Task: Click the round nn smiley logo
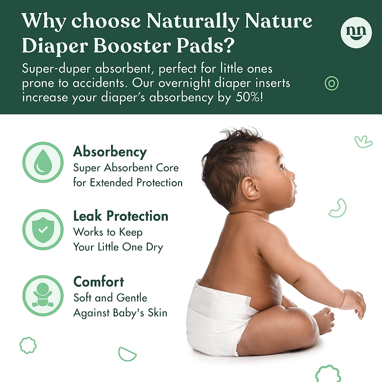[x=356, y=32]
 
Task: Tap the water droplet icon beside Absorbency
[x=43, y=162]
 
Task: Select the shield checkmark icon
[x=43, y=229]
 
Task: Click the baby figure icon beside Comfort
[x=43, y=295]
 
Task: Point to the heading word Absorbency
[x=110, y=152]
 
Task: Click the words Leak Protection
[x=121, y=216]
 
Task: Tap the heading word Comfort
[x=98, y=282]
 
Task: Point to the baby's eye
[x=281, y=166]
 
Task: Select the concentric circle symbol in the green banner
[x=332, y=83]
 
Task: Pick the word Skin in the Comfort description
[x=157, y=313]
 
